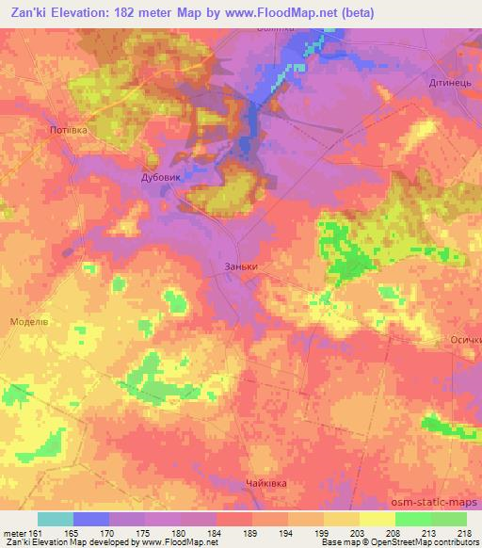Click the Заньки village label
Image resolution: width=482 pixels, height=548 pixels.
241,266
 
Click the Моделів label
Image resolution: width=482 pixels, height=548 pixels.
29,321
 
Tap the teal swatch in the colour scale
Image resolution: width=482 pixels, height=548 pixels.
56,519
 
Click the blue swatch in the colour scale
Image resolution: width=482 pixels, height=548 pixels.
91,519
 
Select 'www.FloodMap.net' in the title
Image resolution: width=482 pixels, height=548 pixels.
289,12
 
